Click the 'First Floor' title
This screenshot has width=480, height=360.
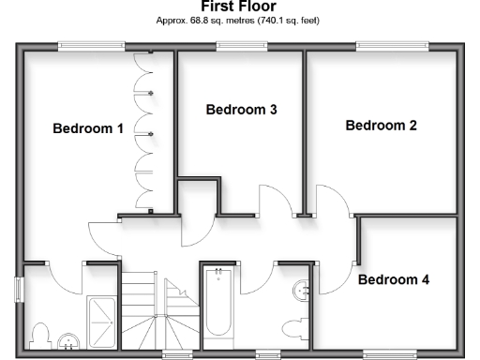tap(238, 7)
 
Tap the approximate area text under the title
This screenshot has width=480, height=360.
tap(238, 20)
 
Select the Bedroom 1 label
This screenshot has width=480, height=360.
tap(88, 129)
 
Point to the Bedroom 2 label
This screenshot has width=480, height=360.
tap(381, 126)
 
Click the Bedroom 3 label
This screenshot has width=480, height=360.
tap(241, 110)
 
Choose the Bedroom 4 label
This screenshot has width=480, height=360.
tap(394, 279)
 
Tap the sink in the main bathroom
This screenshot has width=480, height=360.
tap(302, 291)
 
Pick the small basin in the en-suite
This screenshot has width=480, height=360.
tap(67, 339)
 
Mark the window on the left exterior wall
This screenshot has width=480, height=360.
tap(19, 289)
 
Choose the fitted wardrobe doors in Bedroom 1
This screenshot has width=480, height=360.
tap(145, 131)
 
